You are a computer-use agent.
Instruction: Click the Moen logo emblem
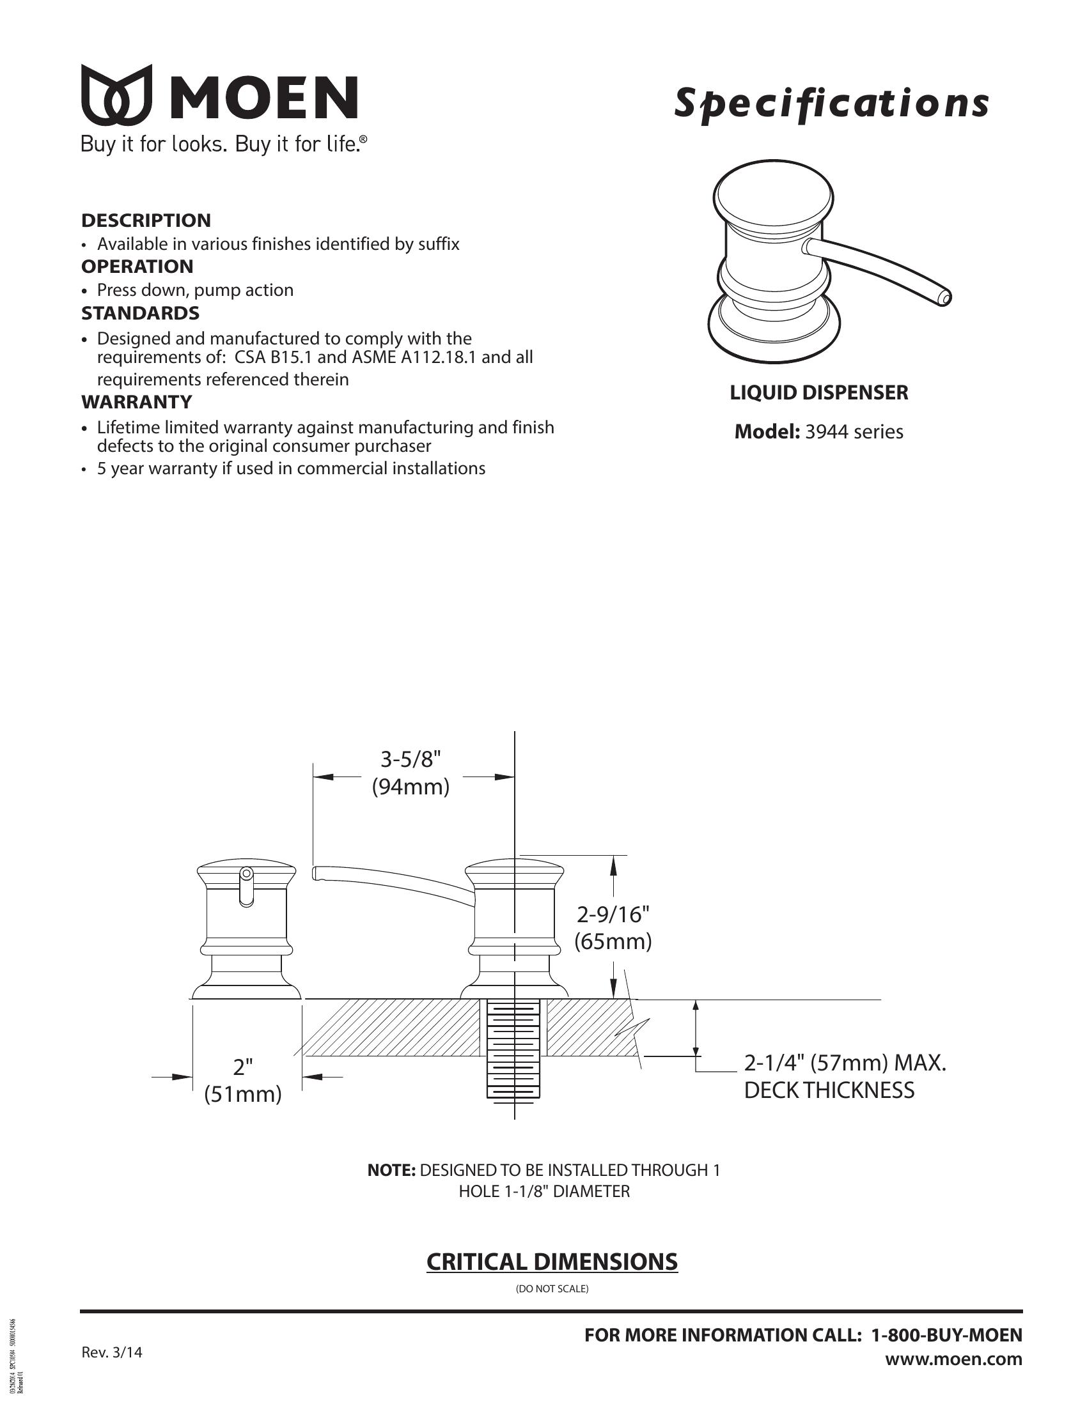(x=116, y=95)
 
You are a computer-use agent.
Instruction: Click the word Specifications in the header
(x=831, y=103)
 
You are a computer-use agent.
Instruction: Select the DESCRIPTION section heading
(x=146, y=220)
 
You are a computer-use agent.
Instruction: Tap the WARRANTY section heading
(x=137, y=402)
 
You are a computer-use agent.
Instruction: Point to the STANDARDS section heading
(x=140, y=314)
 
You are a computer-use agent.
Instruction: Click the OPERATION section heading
(x=137, y=267)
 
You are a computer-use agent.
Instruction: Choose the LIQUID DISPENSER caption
(x=818, y=392)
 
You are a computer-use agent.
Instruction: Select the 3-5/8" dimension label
(x=411, y=760)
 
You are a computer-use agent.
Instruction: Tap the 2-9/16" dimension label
(x=613, y=914)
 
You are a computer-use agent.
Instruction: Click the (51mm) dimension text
(x=243, y=1094)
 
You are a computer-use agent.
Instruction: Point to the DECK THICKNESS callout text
(x=829, y=1090)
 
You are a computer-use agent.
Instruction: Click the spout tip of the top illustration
(x=943, y=297)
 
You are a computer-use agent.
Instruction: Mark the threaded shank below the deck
(x=513, y=1049)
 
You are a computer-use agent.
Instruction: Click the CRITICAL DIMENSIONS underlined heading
(x=552, y=1262)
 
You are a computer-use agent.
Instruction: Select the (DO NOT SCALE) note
(x=552, y=1289)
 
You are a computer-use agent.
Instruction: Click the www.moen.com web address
(x=953, y=1359)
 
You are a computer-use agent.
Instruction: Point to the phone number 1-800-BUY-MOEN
(x=946, y=1335)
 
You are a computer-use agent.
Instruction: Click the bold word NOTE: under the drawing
(x=391, y=1170)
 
